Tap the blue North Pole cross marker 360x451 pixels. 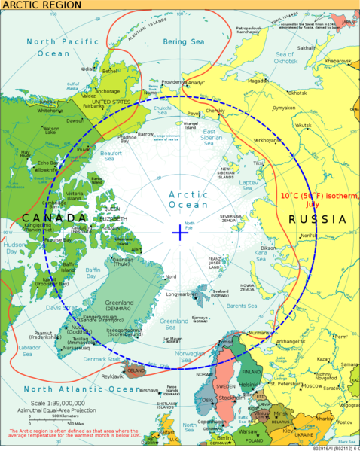click(179, 232)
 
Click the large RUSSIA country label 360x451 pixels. click(316, 220)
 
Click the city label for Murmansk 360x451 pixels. click(263, 332)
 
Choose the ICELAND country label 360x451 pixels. click(135, 370)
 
